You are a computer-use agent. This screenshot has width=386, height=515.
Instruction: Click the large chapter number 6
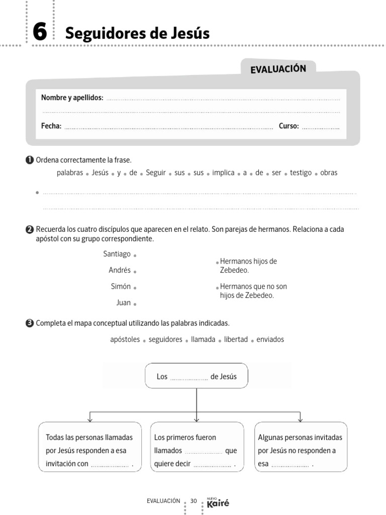pos(39,33)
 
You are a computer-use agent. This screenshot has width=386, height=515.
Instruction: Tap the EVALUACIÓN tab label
pos(278,69)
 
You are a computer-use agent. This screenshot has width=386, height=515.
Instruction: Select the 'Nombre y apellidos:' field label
pos(72,98)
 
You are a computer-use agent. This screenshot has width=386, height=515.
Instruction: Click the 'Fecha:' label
pos(51,126)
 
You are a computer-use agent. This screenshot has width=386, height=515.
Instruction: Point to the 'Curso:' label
pos(288,126)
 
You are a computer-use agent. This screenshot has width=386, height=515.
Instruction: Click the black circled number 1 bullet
pos(29,160)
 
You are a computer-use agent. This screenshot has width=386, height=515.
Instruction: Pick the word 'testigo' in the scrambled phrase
pos(301,173)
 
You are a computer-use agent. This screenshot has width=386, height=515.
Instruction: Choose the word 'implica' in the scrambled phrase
pos(223,173)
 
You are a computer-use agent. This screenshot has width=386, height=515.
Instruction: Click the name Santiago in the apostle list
pos(117,254)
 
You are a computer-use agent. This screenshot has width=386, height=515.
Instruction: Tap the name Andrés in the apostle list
pos(120,270)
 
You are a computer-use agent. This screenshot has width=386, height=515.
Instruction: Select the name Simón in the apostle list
pos(121,286)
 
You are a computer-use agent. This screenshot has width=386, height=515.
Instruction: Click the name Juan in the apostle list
pos(123,302)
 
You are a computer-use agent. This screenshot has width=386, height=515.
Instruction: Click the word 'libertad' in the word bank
pos(236,339)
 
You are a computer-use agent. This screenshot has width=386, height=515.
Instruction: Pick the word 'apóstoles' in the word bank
pos(125,339)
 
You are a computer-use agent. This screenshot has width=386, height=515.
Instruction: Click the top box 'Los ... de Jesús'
pos(196,376)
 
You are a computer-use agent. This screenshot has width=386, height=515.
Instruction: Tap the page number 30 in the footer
pos(194,501)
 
